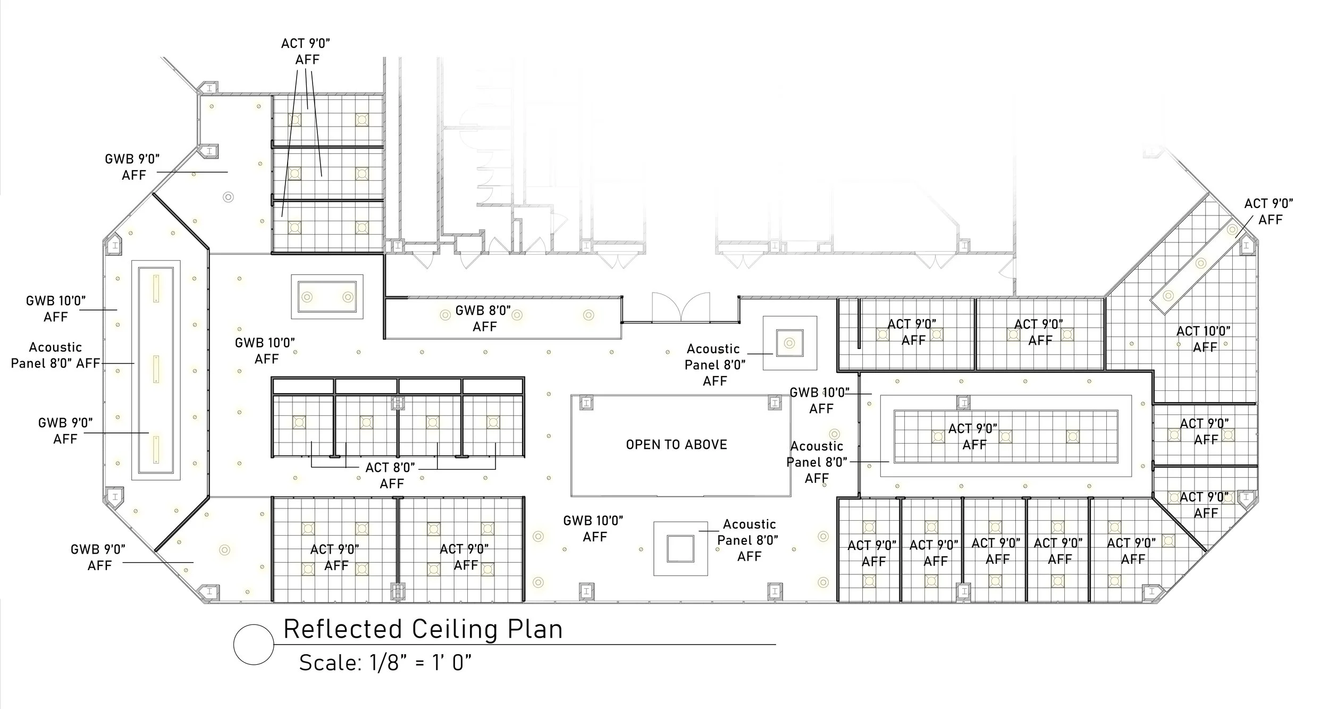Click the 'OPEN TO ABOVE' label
tap(676, 445)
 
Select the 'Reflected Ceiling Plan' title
tap(423, 629)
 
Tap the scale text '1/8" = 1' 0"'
tap(417, 663)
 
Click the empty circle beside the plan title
tap(254, 645)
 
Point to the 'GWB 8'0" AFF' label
tap(483, 318)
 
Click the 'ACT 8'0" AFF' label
tap(391, 476)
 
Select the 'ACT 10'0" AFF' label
tap(1204, 339)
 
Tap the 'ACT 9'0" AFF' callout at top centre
tap(306, 52)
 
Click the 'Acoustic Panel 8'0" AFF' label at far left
tap(55, 355)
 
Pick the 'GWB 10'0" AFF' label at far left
tap(55, 309)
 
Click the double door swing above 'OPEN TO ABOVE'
tap(681, 307)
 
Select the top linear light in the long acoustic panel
tap(156, 288)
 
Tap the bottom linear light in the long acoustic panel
tap(156, 449)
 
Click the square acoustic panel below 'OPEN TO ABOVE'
tap(680, 549)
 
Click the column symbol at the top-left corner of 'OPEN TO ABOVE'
tap(586, 403)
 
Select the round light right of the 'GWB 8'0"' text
tap(588, 315)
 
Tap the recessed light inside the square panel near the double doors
tap(789, 343)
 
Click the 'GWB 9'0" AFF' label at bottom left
tap(98, 557)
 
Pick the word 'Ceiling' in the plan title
tap(455, 629)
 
